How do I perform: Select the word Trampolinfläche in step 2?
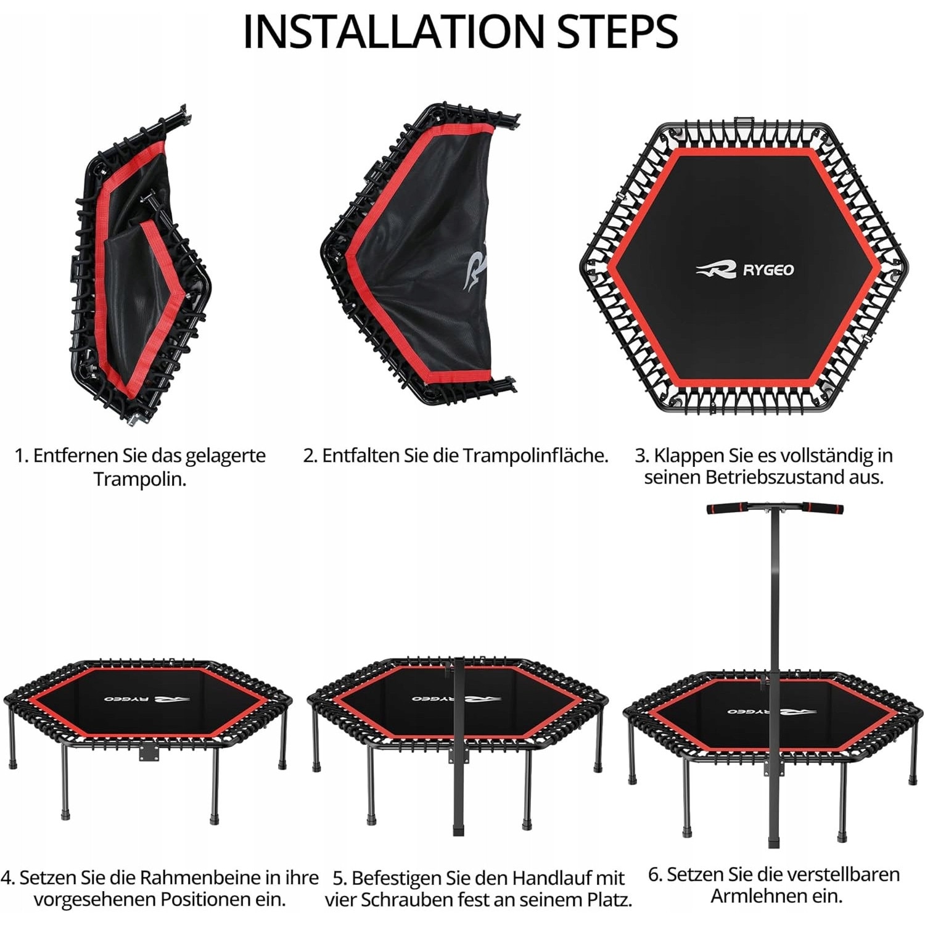click(x=535, y=456)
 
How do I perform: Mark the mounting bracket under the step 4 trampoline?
click(x=149, y=753)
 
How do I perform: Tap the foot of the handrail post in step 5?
click(x=458, y=828)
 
